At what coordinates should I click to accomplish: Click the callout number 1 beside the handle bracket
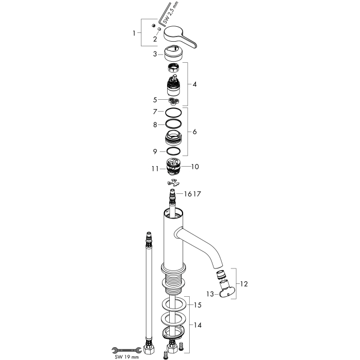coord(134,33)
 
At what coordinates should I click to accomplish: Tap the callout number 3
coord(155,54)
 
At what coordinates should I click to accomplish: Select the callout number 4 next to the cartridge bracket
coord(194,84)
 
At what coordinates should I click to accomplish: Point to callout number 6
coord(194,132)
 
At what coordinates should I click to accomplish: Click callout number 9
coord(155,152)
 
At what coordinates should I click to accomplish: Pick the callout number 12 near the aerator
coord(244,284)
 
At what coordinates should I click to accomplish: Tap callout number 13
coord(210,294)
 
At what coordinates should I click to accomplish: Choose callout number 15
coord(197,305)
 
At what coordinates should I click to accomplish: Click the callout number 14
coord(197,325)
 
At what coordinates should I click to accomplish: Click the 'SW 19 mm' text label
coord(127,357)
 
